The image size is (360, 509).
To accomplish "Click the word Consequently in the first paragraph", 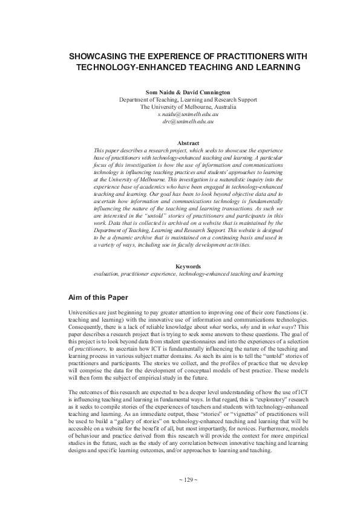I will point(88,326).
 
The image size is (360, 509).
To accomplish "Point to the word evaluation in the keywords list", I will point(106,273).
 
